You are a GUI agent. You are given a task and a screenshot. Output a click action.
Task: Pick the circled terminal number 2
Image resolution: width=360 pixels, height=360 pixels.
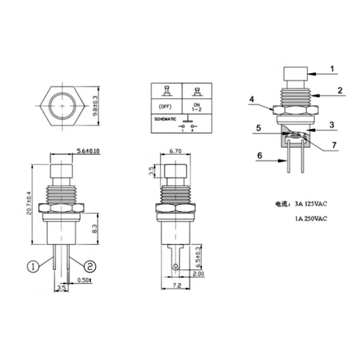[90, 266]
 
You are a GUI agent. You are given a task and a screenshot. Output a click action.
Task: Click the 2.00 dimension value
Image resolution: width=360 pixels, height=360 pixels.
[198, 274]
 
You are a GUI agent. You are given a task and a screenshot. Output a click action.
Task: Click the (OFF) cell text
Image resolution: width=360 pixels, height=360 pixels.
[166, 106]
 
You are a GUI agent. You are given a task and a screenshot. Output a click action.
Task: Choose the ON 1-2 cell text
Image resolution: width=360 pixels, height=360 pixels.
[197, 106]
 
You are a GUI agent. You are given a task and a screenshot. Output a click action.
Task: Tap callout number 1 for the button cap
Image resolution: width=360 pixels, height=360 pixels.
[332, 69]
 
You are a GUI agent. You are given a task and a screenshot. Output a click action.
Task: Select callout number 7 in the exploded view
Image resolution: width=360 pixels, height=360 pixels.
[333, 144]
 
